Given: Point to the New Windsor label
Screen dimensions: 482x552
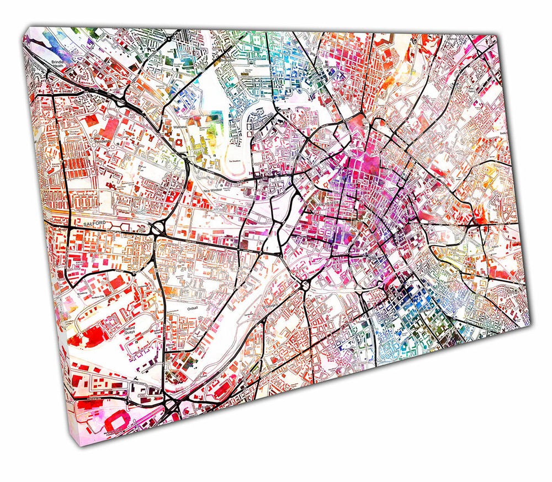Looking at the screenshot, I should pyautogui.click(x=214, y=190).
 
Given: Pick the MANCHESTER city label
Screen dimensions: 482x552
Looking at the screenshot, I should pyautogui.click(x=329, y=204).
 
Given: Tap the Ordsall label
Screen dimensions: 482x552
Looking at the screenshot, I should pyautogui.click(x=192, y=308).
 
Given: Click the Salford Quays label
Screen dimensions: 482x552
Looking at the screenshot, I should pyautogui.click(x=130, y=329).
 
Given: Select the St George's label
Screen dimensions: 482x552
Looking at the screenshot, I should pyautogui.click(x=272, y=305).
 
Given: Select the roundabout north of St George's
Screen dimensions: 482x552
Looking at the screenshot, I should pyautogui.click(x=304, y=285).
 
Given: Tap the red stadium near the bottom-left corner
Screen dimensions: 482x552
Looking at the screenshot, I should pyautogui.click(x=118, y=423).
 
